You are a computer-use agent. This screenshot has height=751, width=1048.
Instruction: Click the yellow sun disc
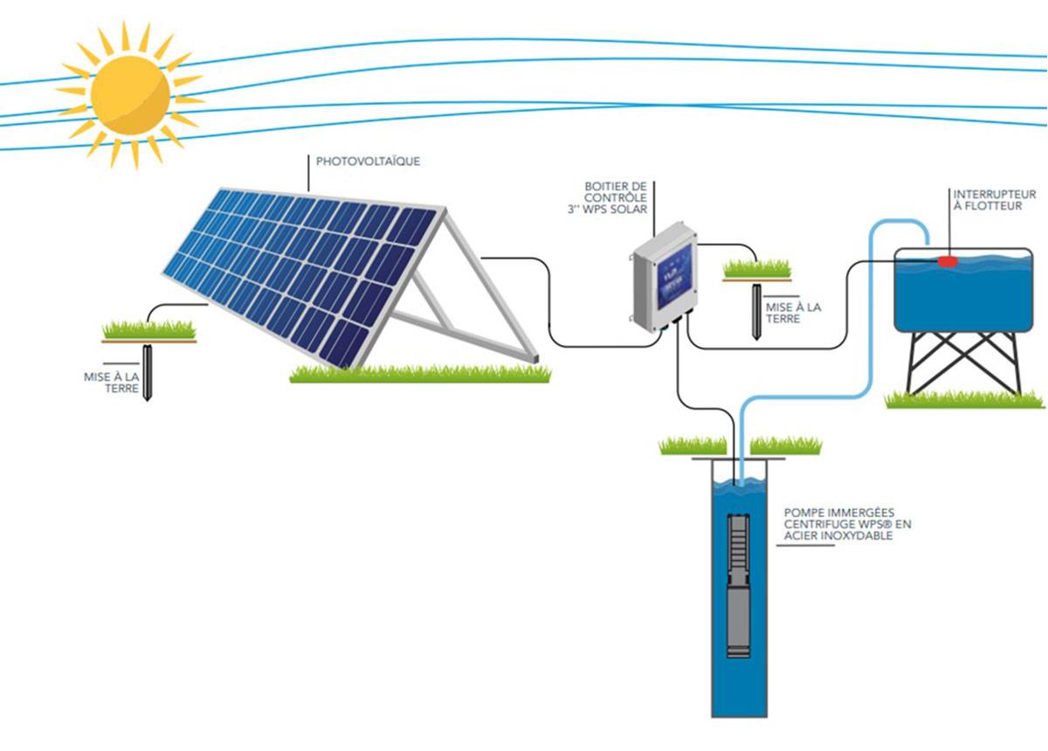click(130, 93)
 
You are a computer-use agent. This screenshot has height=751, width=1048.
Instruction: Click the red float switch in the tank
click(948, 260)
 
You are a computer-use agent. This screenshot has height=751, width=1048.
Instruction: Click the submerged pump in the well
click(739, 586)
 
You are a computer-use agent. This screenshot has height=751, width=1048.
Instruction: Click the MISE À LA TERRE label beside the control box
click(793, 313)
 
